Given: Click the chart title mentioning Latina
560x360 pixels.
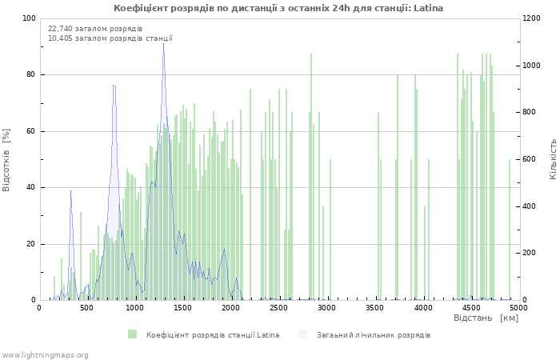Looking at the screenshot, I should (278, 8).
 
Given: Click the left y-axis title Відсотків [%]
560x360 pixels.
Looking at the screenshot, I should (6, 159).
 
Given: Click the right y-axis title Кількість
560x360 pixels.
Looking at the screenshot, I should (553, 158).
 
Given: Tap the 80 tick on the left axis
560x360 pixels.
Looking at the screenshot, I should (31, 75).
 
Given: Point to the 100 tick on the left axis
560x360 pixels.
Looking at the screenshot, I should (29, 18).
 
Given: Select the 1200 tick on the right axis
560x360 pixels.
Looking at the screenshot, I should (534, 18).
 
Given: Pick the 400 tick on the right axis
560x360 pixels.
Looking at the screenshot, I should (531, 206).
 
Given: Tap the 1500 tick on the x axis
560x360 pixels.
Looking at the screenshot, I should (183, 307).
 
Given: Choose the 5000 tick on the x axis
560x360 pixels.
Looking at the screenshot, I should (518, 307).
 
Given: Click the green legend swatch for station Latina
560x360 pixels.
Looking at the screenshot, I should (132, 334).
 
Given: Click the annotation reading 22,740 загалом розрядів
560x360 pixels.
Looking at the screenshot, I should (95, 29).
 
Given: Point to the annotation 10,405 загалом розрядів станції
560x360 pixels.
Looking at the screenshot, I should (110, 38).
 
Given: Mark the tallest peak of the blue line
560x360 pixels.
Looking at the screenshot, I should (163, 43).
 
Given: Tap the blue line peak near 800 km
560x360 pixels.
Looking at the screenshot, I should (114, 86).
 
